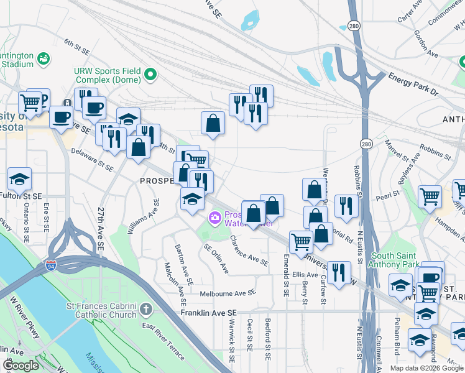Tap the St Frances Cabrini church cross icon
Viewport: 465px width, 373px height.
point(145,309)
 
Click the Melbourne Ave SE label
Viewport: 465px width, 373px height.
point(228,293)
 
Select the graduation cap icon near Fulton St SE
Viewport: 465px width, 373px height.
point(20,179)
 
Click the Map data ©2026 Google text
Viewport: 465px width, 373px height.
point(426,368)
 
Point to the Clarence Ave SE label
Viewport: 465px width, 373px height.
point(249,251)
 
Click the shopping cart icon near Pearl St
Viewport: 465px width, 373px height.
point(430,196)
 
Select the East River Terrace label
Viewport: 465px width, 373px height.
point(163,341)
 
